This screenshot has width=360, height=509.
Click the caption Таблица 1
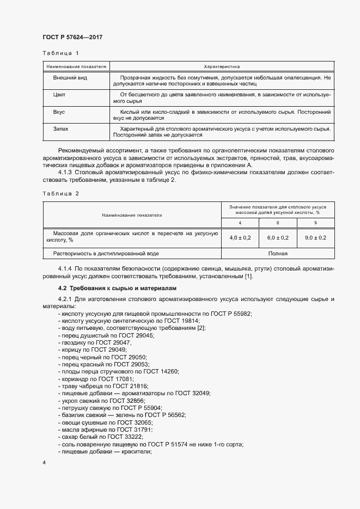point(61,53)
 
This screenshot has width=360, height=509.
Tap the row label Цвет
point(59,95)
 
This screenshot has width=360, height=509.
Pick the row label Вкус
point(59,112)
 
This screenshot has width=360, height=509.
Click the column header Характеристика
point(222,66)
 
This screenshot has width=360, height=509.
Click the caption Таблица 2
point(61,194)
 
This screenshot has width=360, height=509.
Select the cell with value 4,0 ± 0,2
point(240,237)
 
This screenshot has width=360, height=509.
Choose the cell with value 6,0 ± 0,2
point(278,237)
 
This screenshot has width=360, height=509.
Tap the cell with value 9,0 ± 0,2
point(315,237)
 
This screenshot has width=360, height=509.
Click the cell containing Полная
point(277,253)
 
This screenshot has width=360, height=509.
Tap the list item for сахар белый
point(99,437)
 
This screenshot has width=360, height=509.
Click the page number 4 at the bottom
point(44,462)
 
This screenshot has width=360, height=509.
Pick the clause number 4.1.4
point(65,269)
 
